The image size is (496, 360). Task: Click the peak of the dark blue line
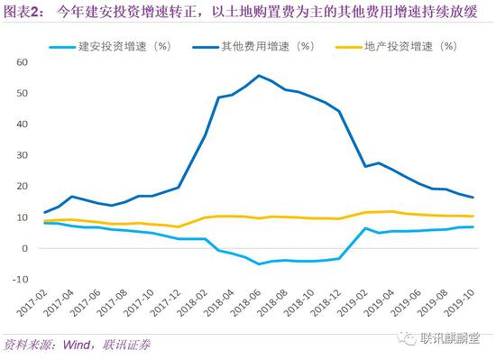(x=260, y=76)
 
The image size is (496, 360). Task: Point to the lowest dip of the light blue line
(x=260, y=264)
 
